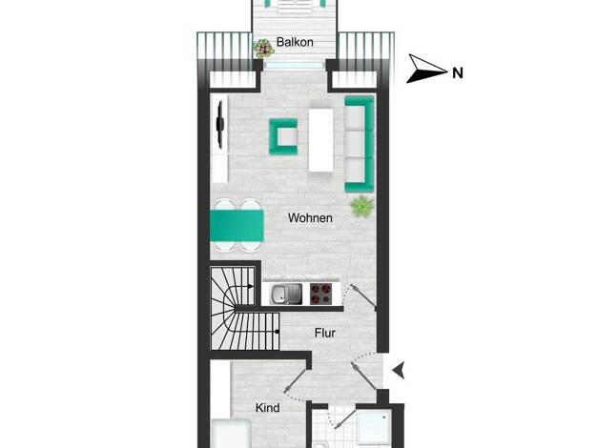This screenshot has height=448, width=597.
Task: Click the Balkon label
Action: click(295, 42)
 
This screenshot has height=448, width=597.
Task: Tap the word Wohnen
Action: click(310, 217)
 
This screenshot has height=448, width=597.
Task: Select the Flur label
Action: click(325, 333)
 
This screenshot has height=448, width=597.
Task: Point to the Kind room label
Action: click(268, 408)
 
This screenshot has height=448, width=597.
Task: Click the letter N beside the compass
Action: click(458, 72)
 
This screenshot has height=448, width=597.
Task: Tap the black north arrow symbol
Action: click(426, 69)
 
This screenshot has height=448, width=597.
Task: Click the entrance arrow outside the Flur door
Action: click(399, 371)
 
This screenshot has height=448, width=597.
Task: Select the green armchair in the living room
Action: click(283, 136)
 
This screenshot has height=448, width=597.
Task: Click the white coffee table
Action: click(321, 140)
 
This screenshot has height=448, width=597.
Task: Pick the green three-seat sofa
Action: click(359, 144)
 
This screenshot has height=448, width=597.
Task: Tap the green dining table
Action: click(237, 226)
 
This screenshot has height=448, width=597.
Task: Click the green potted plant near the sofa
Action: click(361, 207)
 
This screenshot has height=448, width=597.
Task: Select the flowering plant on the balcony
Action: click(263, 49)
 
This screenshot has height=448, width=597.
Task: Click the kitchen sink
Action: click(286, 294)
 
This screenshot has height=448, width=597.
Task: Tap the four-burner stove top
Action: click(320, 294)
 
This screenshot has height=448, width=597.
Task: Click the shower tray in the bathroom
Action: click(375, 426)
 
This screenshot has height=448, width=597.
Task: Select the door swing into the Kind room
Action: click(297, 383)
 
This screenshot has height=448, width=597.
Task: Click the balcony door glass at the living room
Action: click(294, 66)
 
